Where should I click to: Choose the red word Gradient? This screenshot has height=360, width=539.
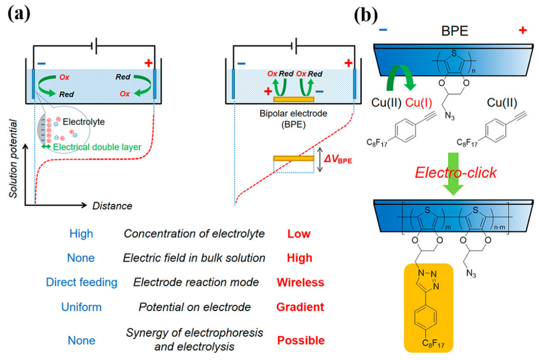300,307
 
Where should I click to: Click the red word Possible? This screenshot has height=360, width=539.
300,340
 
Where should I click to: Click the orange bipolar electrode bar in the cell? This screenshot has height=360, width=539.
294,99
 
